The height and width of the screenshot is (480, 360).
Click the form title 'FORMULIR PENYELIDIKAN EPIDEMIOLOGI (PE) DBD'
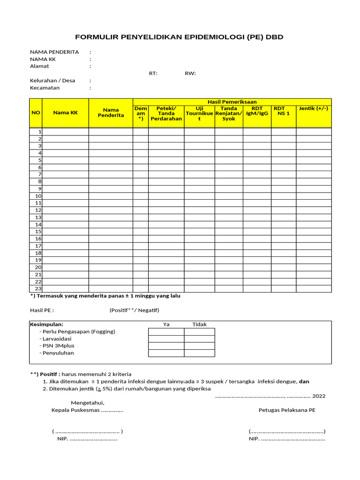[x=180, y=37]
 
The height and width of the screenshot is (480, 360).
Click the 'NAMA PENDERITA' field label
[x=54, y=52]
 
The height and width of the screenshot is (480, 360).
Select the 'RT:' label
[x=153, y=73]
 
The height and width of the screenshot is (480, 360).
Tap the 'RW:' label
[x=190, y=73]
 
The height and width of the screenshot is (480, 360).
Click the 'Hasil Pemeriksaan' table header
[x=232, y=102]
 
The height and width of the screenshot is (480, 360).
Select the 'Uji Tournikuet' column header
[x=199, y=114]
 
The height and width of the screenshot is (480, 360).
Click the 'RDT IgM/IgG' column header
[x=257, y=111]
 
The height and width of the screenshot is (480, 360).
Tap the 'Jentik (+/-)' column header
[x=313, y=109]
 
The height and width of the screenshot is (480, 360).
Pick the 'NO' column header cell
[x=36, y=112]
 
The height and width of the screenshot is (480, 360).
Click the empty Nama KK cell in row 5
[x=65, y=160]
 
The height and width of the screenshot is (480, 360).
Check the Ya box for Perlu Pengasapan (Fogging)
[x=166, y=332]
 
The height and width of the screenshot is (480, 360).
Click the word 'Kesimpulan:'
[x=46, y=324]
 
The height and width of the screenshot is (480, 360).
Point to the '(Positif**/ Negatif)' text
[x=135, y=310]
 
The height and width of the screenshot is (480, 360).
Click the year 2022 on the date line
[x=319, y=396]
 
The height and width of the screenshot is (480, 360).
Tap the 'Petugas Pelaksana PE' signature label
[x=287, y=410]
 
